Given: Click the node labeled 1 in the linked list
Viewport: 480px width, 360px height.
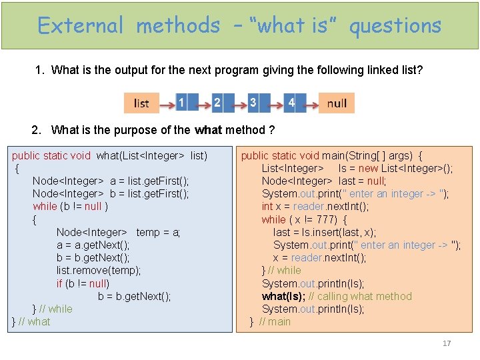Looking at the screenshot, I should pyautogui.click(x=182, y=103).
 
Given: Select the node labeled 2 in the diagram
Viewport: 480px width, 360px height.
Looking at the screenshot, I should pyautogui.click(x=217, y=103).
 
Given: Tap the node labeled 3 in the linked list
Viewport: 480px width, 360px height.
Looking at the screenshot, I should pyautogui.click(x=253, y=103).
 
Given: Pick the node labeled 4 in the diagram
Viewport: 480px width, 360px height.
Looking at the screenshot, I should pyautogui.click(x=291, y=103).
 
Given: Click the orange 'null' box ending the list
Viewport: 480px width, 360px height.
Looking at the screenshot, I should pyautogui.click(x=337, y=103).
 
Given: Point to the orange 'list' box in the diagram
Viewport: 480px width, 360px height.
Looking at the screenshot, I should pyautogui.click(x=141, y=103).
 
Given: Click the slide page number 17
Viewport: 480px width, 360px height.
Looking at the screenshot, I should pyautogui.click(x=447, y=343).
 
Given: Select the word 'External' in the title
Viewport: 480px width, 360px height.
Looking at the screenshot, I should pyautogui.click(x=81, y=26).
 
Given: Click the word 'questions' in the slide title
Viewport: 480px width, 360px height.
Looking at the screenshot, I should pyautogui.click(x=395, y=26).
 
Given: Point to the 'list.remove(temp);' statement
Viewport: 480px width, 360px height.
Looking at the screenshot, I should pyautogui.click(x=99, y=271).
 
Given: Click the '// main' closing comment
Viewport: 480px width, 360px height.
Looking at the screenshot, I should pyautogui.click(x=275, y=322).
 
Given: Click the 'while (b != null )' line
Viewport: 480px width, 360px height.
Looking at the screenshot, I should pyautogui.click(x=70, y=207).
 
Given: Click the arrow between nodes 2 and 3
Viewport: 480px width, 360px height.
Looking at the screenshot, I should pyautogui.click(x=234, y=103).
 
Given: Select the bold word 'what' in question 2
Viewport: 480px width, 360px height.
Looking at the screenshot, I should pyautogui.click(x=208, y=130).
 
